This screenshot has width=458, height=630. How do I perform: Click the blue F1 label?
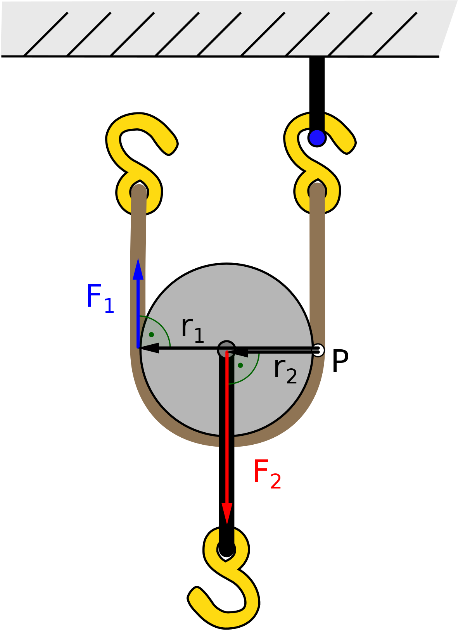click(x=100, y=298)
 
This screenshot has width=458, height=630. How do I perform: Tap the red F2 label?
click(x=267, y=474)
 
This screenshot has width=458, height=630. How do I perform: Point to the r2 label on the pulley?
click(x=285, y=371)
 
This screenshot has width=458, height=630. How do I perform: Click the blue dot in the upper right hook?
click(x=317, y=137)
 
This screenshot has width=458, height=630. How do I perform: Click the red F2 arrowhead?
click(x=227, y=513)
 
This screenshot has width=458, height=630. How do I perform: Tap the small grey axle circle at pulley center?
click(x=226, y=349)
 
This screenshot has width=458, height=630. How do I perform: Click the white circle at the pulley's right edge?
click(x=318, y=350)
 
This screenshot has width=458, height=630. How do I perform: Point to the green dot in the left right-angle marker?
click(x=151, y=334)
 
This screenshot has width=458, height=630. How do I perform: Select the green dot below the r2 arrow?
click(x=240, y=365)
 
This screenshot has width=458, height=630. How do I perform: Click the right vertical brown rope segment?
click(x=317, y=252)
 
